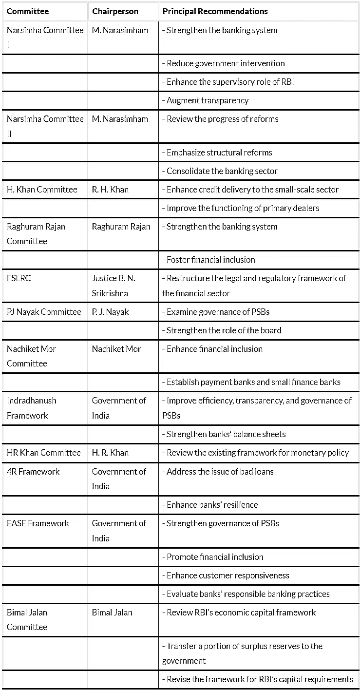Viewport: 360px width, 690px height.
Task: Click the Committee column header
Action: point(28,11)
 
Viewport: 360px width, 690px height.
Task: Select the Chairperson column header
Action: point(115,11)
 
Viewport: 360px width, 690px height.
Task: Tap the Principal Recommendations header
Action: point(215,11)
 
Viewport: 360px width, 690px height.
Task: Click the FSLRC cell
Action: point(19,278)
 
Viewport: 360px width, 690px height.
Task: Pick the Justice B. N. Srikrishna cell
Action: point(114,286)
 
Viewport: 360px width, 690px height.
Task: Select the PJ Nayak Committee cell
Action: point(44,312)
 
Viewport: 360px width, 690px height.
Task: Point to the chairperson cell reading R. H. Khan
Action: point(110,190)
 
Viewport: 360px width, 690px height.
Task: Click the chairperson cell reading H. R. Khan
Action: point(110,453)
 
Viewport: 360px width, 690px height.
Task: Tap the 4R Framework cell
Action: point(33,472)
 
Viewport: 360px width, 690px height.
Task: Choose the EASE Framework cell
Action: point(38,523)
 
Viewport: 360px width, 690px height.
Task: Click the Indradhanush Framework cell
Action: point(32,408)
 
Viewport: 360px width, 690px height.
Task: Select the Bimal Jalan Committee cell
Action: point(27,620)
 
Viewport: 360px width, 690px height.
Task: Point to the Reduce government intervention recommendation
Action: point(226,63)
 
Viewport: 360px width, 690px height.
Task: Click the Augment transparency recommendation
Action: point(208,100)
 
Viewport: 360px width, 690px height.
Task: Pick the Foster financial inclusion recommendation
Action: point(211,260)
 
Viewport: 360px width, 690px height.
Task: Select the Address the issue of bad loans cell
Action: point(220,472)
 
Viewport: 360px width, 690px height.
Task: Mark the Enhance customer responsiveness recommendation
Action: point(228,575)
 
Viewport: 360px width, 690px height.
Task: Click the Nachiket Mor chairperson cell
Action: point(116,349)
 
